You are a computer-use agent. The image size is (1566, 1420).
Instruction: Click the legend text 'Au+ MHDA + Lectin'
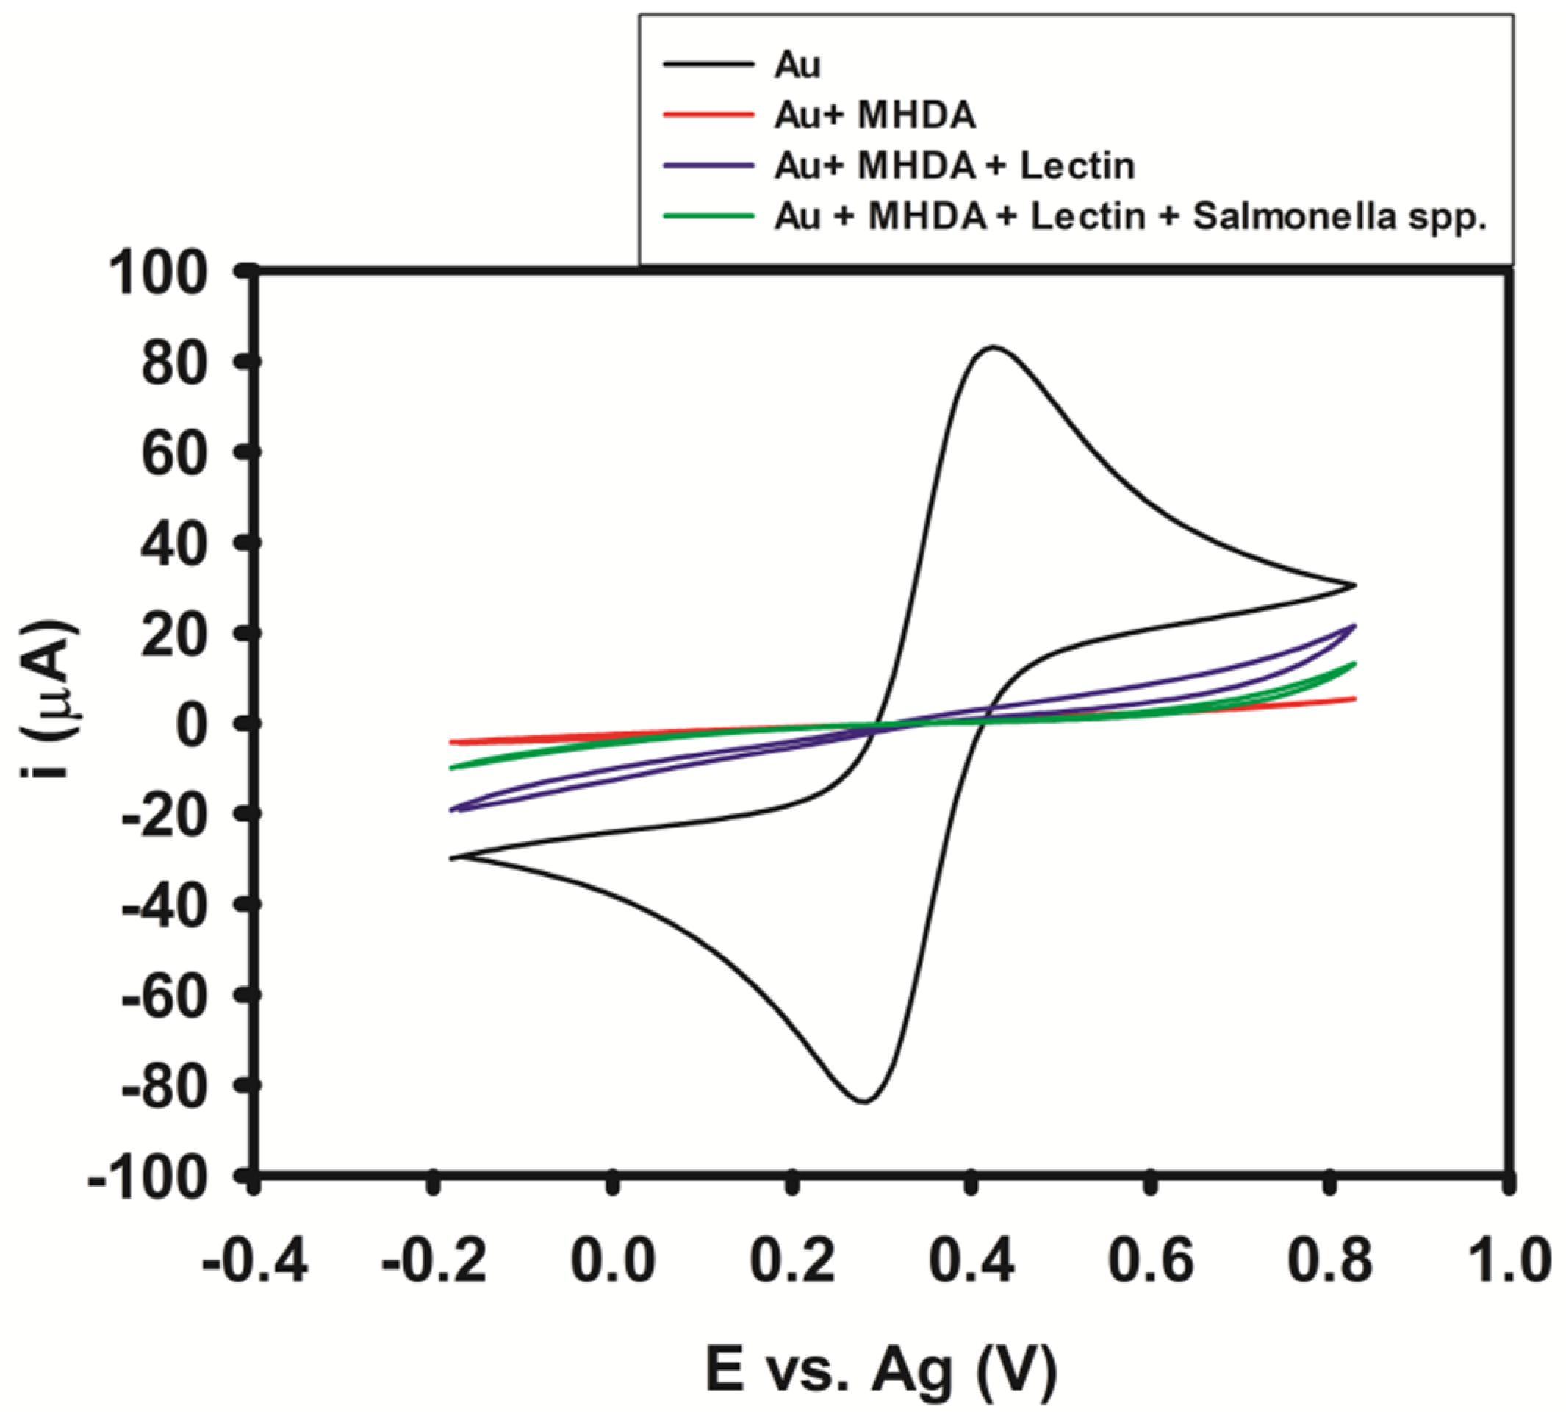click(x=954, y=166)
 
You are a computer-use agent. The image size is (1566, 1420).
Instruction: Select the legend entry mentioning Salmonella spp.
click(x=1130, y=217)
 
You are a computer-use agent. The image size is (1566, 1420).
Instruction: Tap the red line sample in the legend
click(x=708, y=115)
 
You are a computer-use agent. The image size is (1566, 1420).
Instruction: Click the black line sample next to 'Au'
click(x=708, y=65)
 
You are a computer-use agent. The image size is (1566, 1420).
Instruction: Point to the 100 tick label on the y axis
click(x=159, y=274)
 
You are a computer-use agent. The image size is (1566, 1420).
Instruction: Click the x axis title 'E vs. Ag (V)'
click(x=881, y=1370)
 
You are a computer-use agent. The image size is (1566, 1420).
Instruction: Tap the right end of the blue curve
click(x=1354, y=625)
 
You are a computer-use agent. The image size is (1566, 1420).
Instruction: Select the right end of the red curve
click(x=1354, y=699)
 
